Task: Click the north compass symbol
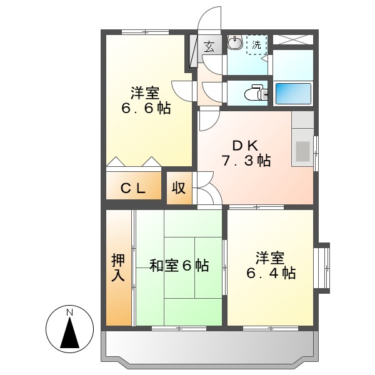coord(70,329)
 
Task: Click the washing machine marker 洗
coord(256,44)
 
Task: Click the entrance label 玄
coord(209,46)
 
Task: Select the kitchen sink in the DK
coord(302,151)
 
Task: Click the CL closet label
coord(132,188)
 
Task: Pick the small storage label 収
coord(179,188)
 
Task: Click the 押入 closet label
coord(118,267)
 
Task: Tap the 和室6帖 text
coord(179,266)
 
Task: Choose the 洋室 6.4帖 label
coord(270,265)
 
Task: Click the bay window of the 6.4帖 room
coord(323,265)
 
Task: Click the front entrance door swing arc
coord(209,19)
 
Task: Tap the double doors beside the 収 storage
coord(207,188)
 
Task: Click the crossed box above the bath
coord(292,39)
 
